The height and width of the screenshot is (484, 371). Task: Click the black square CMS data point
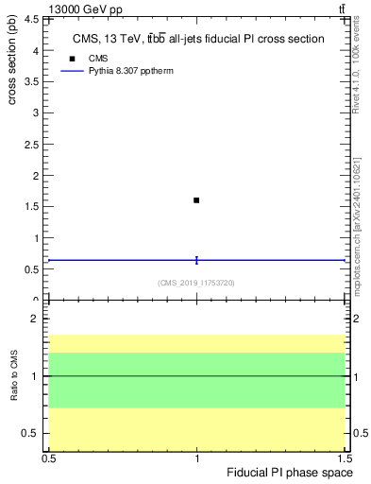[x=196, y=200]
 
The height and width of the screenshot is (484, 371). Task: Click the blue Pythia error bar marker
[x=196, y=260]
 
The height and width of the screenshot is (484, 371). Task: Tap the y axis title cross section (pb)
[x=13, y=57]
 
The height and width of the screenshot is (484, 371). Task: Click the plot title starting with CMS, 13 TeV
[x=198, y=40]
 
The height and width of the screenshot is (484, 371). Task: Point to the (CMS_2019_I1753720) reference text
[x=196, y=282]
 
